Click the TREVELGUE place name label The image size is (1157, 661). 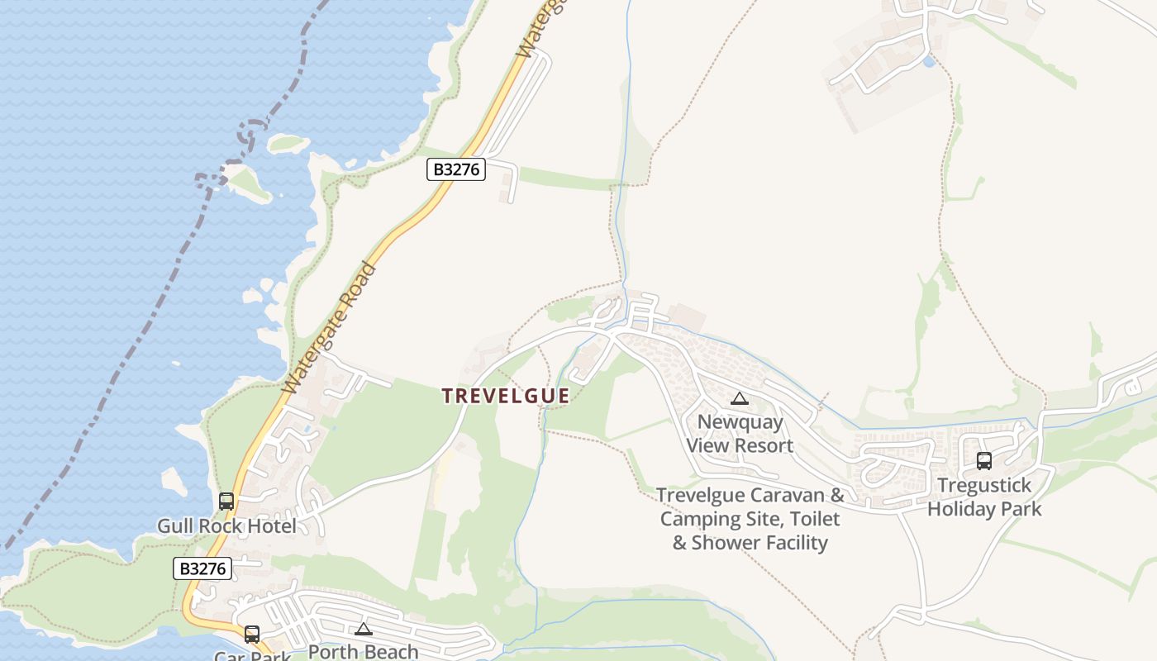[506, 397]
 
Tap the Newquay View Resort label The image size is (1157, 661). [740, 434]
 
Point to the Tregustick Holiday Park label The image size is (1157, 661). [984, 497]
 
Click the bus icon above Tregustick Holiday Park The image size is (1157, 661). [983, 461]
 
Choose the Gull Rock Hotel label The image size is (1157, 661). [226, 526]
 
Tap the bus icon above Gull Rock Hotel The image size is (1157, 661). [226, 501]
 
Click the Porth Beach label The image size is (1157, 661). [364, 651]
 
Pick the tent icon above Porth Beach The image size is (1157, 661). [364, 630]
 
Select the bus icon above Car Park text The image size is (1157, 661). [252, 635]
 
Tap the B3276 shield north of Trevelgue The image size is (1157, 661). [455, 169]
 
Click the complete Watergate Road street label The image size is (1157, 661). [330, 328]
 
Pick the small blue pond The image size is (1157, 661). [929, 61]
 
